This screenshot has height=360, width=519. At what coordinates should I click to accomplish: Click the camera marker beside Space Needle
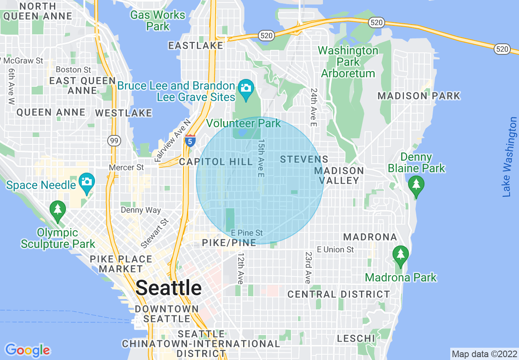(86, 182)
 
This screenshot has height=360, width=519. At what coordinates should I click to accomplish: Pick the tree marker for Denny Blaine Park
(416, 185)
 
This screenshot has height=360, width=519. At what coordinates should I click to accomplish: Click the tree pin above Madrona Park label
(400, 255)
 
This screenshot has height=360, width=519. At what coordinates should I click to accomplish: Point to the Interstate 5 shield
(190, 141)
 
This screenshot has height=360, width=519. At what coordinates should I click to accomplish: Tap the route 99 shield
(114, 141)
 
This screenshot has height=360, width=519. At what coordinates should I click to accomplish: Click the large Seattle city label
(169, 288)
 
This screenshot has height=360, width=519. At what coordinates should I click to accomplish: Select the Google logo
(27, 350)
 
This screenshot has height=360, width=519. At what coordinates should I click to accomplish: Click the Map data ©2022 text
(483, 353)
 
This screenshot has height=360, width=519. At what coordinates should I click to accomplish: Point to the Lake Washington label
(509, 157)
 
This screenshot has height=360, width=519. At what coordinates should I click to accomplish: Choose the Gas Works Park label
(158, 21)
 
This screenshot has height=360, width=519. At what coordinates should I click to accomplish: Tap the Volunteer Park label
(244, 123)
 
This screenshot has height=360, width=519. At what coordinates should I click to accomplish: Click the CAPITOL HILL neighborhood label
(216, 162)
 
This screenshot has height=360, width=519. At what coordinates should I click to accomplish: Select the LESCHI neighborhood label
(356, 338)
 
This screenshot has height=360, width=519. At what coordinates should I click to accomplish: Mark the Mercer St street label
(126, 167)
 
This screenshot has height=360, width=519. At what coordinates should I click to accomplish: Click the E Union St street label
(335, 249)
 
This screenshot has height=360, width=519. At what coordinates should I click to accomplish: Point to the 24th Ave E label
(314, 107)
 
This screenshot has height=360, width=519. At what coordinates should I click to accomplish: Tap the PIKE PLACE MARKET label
(121, 264)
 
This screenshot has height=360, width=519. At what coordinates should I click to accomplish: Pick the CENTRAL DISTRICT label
(338, 294)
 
